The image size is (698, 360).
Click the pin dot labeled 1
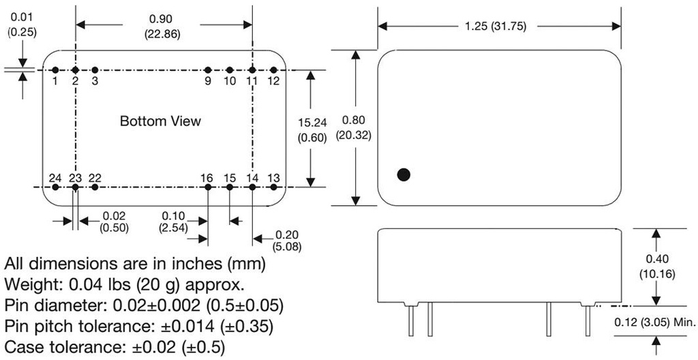pyautogui.click(x=55, y=70)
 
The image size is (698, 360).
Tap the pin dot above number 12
pyautogui.click(x=273, y=70)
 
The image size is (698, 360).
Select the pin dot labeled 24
pyautogui.click(x=55, y=186)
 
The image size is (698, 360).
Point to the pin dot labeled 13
pyautogui.click(x=273, y=186)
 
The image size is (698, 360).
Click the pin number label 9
pyautogui.click(x=208, y=80)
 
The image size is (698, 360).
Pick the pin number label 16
pyautogui.click(x=207, y=177)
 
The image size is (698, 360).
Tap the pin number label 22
pyautogui.click(x=95, y=177)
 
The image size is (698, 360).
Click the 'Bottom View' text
pyautogui.click(x=160, y=121)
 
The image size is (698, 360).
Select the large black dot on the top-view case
pyautogui.click(x=404, y=175)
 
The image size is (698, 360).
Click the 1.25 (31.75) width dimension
pyautogui.click(x=500, y=27)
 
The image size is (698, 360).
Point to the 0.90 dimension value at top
pyautogui.click(x=162, y=20)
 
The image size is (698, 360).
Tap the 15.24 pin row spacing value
pyautogui.click(x=313, y=123)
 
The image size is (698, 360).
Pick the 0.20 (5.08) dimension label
pyautogui.click(x=287, y=239)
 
